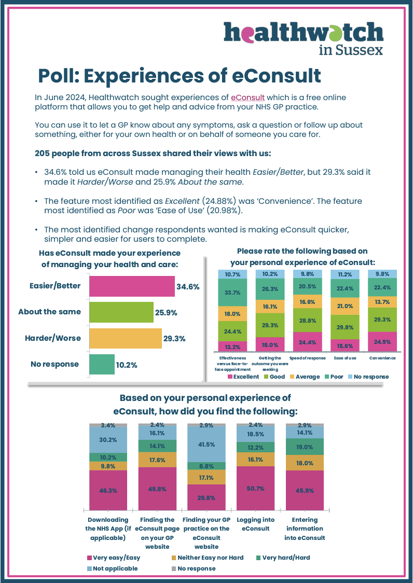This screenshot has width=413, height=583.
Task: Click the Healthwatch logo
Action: pos(304,38)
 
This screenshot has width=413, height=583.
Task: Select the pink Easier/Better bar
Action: pos(132,286)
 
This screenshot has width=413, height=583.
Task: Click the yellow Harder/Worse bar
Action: pos(125,338)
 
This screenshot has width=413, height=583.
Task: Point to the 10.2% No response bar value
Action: pos(126,365)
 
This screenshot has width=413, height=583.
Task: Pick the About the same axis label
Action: pos(50,312)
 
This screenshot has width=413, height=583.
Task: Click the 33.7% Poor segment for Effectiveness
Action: pos(233,292)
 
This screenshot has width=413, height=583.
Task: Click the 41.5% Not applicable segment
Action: pos(206,445)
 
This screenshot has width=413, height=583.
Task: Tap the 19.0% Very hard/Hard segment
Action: pos(305,447)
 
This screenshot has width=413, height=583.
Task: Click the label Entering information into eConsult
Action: pos(305,529)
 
